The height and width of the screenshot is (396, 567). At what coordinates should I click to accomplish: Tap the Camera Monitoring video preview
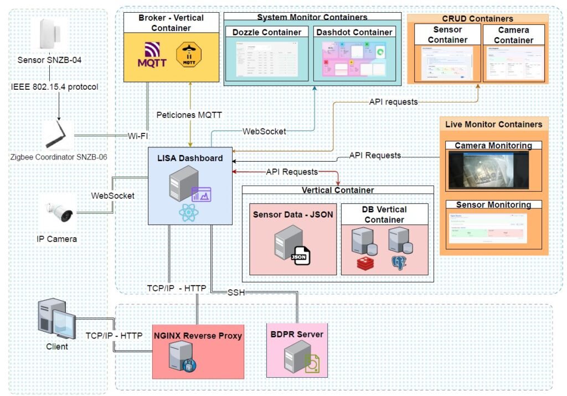point(488,169)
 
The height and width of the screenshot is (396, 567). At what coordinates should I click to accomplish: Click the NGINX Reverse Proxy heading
point(198,335)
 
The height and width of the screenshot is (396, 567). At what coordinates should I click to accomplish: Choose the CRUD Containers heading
point(477,19)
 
